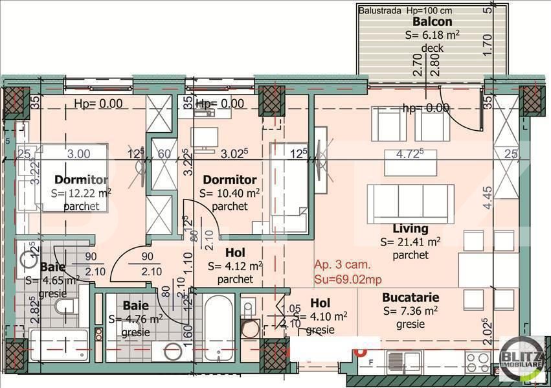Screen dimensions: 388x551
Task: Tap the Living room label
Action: (410, 228)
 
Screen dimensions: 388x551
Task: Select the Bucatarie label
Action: (410, 297)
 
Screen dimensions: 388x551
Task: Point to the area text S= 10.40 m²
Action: (230, 193)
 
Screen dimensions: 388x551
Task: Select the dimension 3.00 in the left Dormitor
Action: (79, 154)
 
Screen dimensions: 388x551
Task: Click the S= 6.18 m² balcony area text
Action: (432, 35)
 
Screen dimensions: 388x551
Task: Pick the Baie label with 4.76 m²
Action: (135, 305)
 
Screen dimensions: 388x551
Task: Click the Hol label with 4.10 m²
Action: (320, 302)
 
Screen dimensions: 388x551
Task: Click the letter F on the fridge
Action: (370, 362)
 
